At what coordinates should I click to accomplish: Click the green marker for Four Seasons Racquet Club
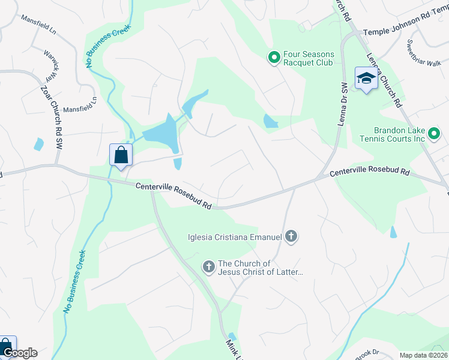point(274,58)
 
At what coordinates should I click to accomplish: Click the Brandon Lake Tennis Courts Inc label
point(400,134)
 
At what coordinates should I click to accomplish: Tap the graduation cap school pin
point(366,79)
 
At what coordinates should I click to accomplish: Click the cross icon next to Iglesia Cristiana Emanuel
point(291,236)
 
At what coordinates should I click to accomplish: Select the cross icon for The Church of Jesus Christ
point(208,266)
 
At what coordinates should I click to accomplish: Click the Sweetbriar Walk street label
point(423,53)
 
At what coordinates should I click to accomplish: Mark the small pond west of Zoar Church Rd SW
point(39,144)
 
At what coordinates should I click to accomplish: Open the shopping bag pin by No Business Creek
point(121,155)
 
